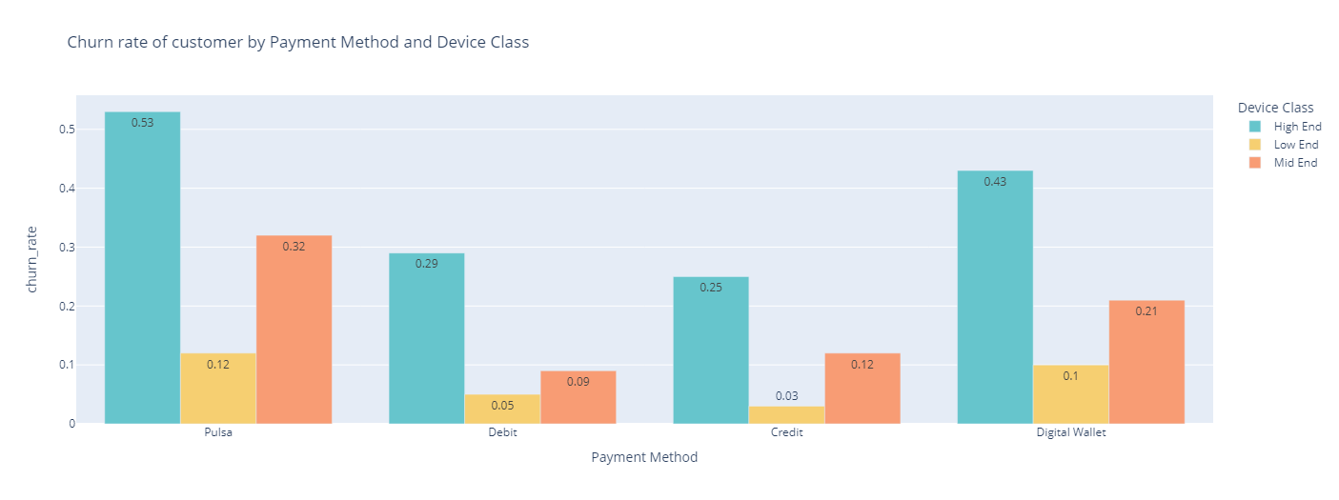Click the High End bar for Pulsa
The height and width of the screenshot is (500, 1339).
[x=142, y=268]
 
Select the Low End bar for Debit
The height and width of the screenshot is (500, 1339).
[x=502, y=410]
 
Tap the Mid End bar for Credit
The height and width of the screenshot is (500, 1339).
[x=862, y=389]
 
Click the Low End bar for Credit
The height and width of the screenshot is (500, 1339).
[x=787, y=415]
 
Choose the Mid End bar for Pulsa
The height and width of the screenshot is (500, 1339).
[x=294, y=330]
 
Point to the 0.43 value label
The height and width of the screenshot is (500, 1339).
[x=995, y=182]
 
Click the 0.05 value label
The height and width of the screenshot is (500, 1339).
[x=502, y=406]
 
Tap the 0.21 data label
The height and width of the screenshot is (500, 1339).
[x=1146, y=311]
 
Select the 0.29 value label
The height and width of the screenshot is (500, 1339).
[x=426, y=264]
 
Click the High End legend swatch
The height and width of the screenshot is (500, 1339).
[x=1255, y=127]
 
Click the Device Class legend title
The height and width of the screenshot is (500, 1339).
[x=1273, y=108]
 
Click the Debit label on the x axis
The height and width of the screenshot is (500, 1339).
[x=502, y=432]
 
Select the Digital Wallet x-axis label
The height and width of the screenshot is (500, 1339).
[x=1071, y=432]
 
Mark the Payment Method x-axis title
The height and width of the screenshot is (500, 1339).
[x=644, y=458]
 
